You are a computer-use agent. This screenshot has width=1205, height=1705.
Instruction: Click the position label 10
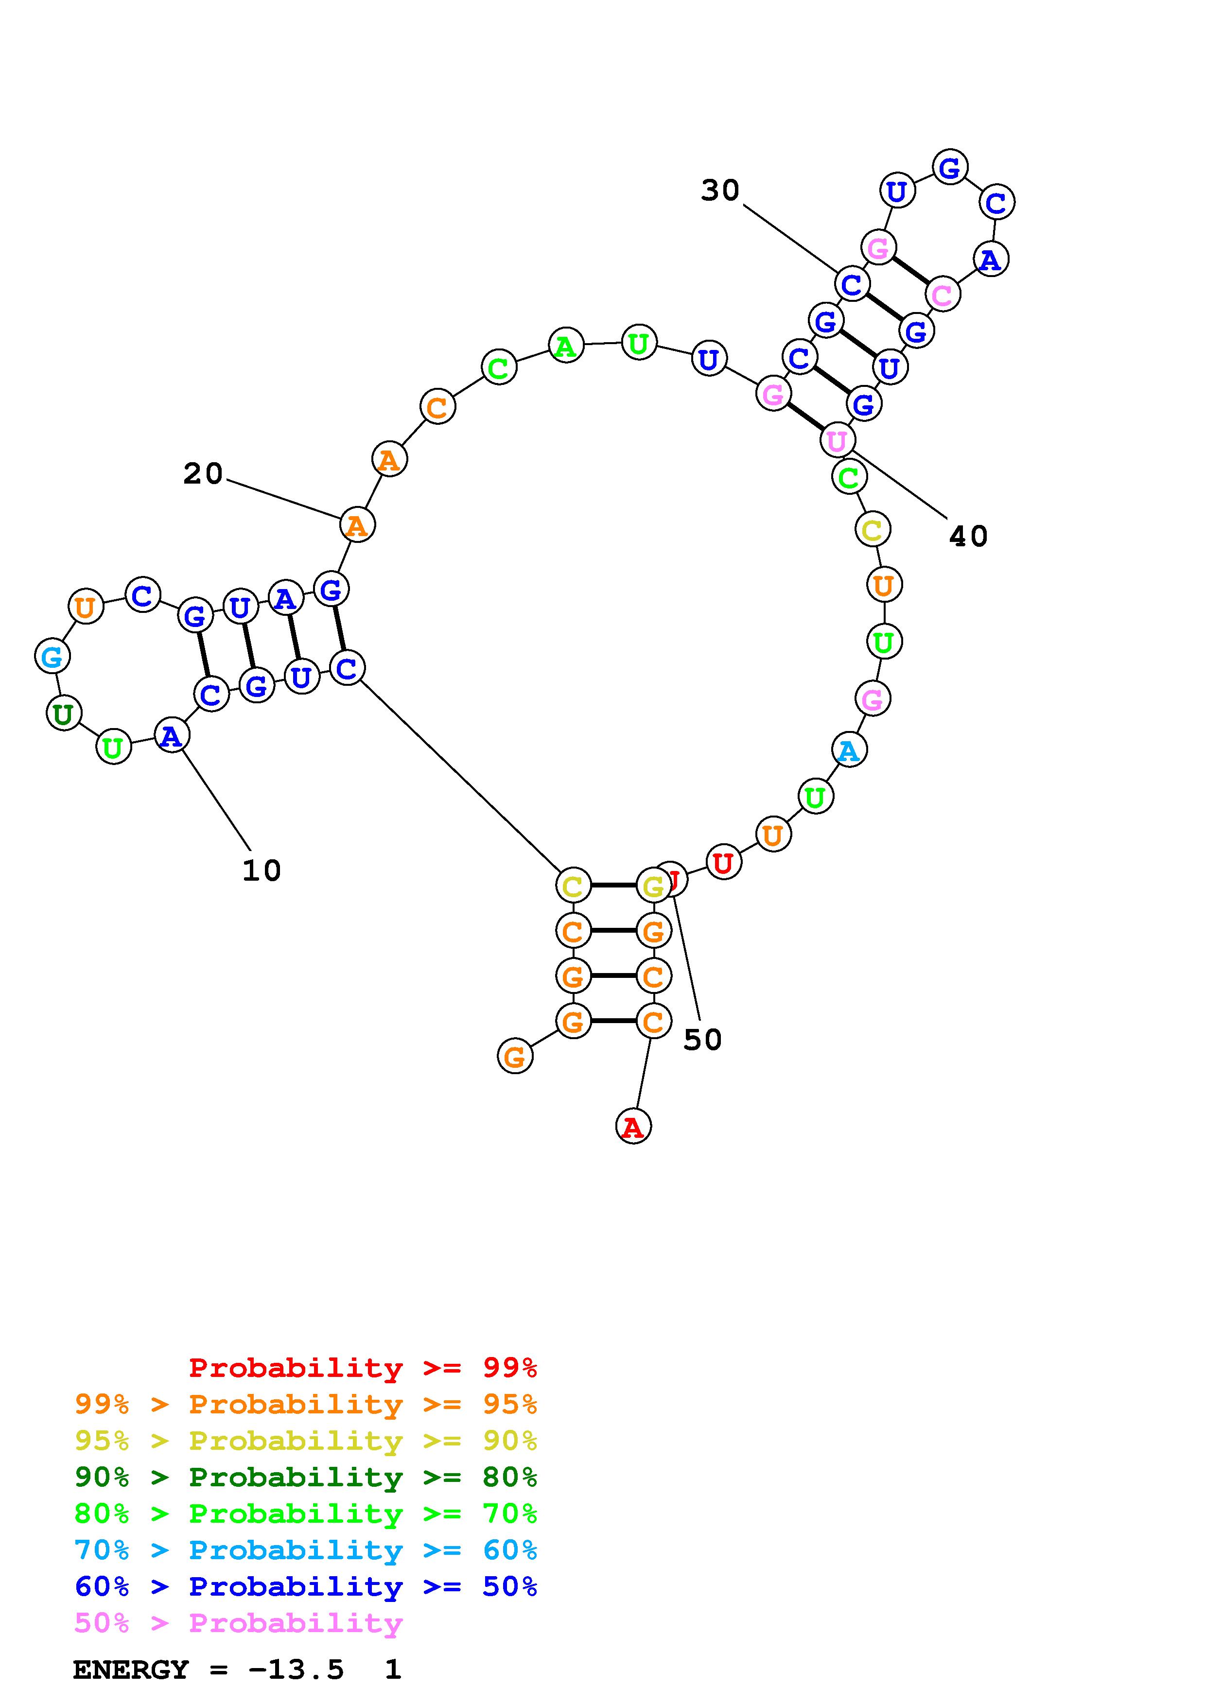(x=262, y=870)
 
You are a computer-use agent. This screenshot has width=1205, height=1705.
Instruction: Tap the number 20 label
(x=203, y=474)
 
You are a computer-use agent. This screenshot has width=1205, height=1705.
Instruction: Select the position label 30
(x=719, y=191)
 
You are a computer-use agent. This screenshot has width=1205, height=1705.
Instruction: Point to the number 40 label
(x=968, y=536)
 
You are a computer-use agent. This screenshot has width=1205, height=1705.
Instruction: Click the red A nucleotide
(x=632, y=1127)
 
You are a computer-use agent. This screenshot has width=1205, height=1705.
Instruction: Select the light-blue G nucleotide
(x=52, y=657)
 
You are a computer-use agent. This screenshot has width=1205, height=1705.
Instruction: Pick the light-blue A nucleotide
(x=849, y=751)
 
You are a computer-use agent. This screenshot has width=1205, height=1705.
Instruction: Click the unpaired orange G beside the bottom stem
(x=515, y=1056)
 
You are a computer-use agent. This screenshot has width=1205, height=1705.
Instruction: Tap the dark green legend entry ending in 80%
(x=306, y=1477)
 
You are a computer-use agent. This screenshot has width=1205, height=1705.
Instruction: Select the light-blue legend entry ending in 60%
(x=306, y=1550)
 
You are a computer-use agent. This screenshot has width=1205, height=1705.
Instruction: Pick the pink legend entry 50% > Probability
(x=238, y=1622)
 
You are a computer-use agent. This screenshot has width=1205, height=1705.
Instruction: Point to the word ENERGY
(x=131, y=1670)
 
